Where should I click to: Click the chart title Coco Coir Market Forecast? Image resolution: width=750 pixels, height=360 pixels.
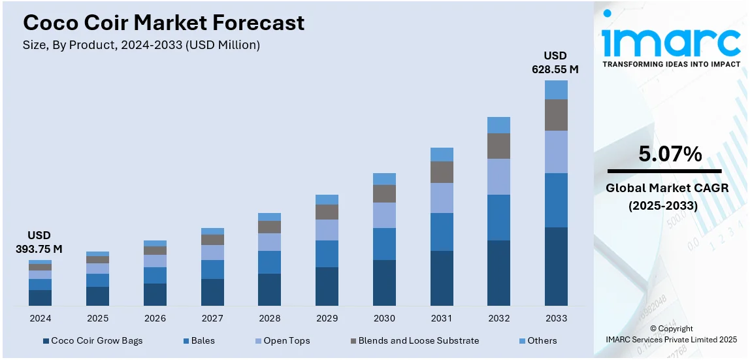(163, 23)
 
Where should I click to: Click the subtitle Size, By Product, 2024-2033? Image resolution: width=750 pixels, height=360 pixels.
(141, 45)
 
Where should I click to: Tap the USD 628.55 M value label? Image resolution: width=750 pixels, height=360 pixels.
(555, 62)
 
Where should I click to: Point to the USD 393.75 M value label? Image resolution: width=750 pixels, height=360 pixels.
(39, 242)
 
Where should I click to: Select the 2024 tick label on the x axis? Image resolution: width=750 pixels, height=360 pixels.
(40, 318)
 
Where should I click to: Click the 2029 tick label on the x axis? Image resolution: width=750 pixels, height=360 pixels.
(327, 318)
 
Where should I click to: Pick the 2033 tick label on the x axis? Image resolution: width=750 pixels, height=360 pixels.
(556, 318)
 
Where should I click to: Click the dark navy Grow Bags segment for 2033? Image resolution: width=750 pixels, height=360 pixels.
(556, 266)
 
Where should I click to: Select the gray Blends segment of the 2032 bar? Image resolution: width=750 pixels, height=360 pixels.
(498, 146)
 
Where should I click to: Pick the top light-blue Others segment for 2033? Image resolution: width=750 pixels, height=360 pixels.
(556, 90)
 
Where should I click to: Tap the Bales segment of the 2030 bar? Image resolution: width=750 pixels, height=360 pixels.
(384, 244)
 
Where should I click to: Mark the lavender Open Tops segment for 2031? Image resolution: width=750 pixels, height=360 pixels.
(442, 197)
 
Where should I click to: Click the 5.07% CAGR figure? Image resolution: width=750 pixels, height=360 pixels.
(670, 154)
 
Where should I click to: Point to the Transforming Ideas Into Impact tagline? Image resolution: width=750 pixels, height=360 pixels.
(671, 64)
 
